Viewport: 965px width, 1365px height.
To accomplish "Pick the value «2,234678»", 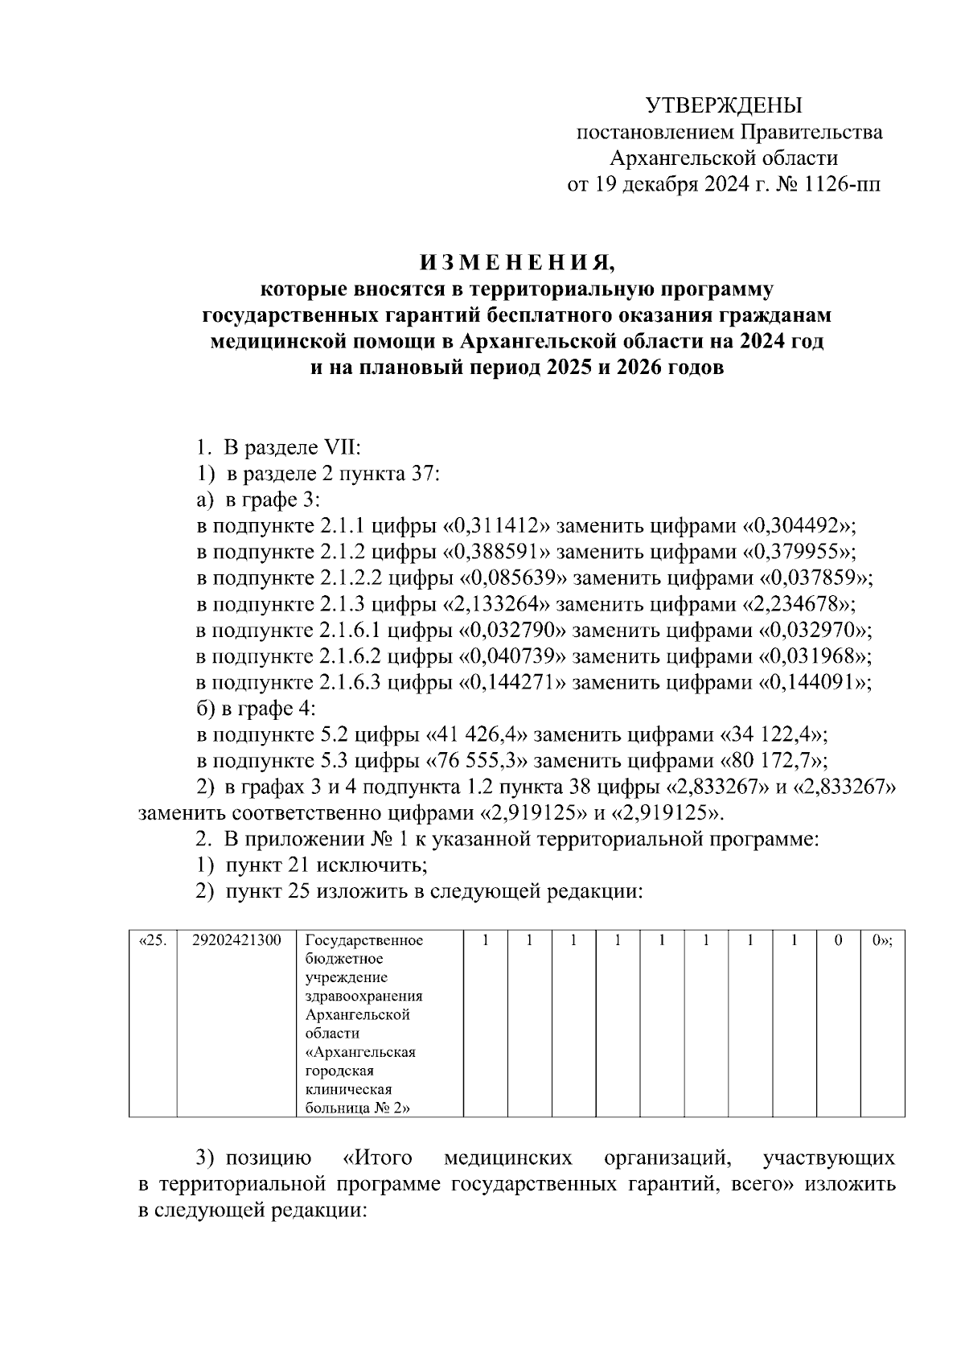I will [x=800, y=604].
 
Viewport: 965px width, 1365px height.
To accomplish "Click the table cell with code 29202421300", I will [x=237, y=940].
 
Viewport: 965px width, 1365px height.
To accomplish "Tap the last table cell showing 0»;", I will [x=882, y=940].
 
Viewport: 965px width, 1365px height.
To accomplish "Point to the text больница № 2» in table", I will [x=358, y=1108].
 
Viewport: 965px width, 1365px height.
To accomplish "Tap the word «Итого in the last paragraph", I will [x=378, y=1159].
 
